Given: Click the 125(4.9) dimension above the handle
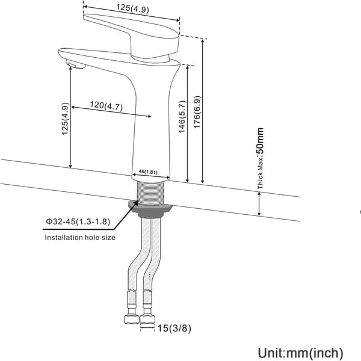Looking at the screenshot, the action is click(132, 9).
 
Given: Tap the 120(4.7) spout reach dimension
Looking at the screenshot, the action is click(106, 106).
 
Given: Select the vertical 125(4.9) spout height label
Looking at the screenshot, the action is click(65, 119).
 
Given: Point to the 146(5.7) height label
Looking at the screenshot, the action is click(182, 117).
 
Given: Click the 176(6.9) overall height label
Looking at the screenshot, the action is click(197, 112).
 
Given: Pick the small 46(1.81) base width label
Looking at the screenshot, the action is click(148, 171).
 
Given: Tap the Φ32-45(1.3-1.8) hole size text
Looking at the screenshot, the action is click(78, 221).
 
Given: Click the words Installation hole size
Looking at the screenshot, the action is click(80, 238).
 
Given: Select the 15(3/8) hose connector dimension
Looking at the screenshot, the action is click(174, 328).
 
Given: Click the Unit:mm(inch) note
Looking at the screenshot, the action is click(300, 353).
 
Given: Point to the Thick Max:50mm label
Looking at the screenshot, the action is click(260, 158).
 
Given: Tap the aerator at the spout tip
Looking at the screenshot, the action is click(76, 64).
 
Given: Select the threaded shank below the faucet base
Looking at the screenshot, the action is click(150, 193).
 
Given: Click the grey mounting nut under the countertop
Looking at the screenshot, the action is click(151, 209).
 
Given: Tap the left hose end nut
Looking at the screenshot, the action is click(132, 319).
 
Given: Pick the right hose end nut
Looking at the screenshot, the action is click(147, 319).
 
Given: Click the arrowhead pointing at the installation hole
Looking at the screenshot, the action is click(135, 204).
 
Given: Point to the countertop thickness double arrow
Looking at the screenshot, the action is click(259, 204).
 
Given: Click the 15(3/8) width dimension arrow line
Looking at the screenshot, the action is click(147, 327).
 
